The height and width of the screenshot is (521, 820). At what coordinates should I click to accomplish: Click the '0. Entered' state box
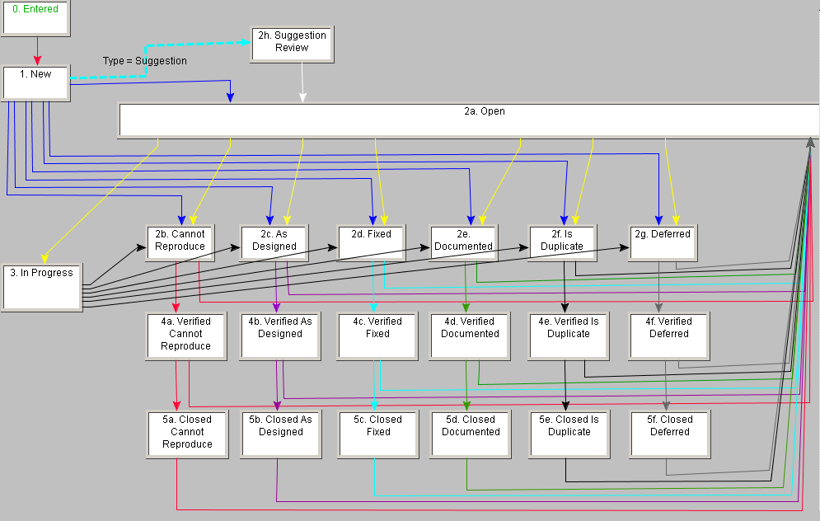[x=35, y=17]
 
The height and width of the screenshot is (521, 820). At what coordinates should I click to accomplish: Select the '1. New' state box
[x=35, y=83]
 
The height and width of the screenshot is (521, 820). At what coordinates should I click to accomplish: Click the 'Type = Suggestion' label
[x=144, y=61]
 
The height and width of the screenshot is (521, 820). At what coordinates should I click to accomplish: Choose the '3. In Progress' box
[x=42, y=287]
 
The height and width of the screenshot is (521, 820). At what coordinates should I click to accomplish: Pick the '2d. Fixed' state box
[x=372, y=242]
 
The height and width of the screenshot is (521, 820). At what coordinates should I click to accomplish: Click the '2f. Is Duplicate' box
[x=563, y=242]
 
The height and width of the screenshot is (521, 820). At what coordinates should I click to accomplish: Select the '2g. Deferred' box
[x=663, y=242]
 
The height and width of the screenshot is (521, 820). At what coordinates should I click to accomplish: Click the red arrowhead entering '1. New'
[x=36, y=60]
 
